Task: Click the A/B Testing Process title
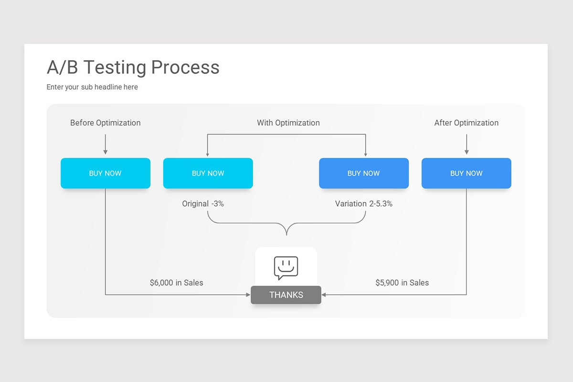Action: click(x=133, y=67)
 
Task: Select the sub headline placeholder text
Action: click(x=92, y=87)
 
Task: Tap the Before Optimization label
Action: click(x=106, y=123)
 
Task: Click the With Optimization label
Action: click(x=288, y=123)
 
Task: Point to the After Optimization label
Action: click(x=466, y=123)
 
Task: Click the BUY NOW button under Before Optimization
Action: click(x=106, y=173)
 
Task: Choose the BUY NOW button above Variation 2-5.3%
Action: click(x=363, y=173)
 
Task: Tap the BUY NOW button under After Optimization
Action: click(x=466, y=173)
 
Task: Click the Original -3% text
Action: click(x=203, y=203)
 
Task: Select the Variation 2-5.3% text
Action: click(x=363, y=203)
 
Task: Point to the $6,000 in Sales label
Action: click(x=176, y=283)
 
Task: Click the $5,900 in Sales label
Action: click(x=402, y=283)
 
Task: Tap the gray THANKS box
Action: click(x=286, y=295)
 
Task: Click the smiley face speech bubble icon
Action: click(x=286, y=267)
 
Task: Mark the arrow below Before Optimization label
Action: click(x=106, y=144)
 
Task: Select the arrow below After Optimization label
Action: click(x=467, y=144)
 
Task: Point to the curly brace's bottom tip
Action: click(x=286, y=234)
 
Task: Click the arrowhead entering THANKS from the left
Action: click(x=248, y=295)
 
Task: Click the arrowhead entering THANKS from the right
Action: click(x=325, y=295)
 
